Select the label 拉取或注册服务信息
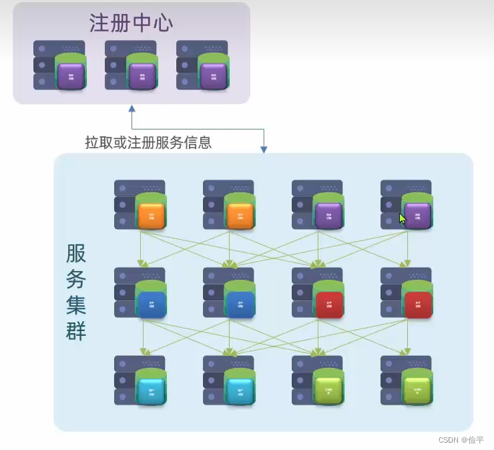click(148, 142)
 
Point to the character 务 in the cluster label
click(76, 279)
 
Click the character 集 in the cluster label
click(76, 305)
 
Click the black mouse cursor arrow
click(403, 218)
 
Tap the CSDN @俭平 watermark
click(461, 439)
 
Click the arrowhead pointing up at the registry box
click(132, 108)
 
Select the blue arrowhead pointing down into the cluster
click(264, 150)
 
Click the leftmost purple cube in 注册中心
click(71, 76)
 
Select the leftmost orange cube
click(151, 216)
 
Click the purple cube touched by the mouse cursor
click(417, 216)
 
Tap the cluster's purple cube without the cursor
click(328, 216)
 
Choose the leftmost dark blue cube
click(151, 304)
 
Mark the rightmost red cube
click(417, 304)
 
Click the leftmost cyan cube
click(151, 391)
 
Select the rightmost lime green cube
click(417, 391)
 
